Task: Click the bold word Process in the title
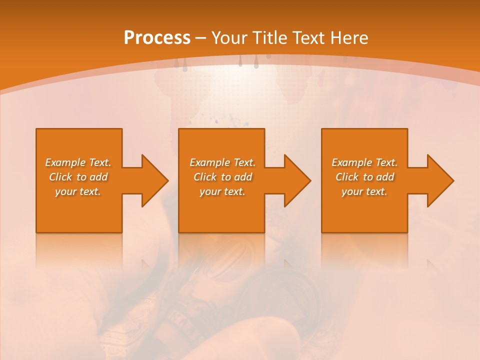(x=157, y=38)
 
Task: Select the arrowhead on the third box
(x=440, y=180)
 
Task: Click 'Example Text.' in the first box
(x=78, y=162)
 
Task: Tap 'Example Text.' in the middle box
(x=222, y=162)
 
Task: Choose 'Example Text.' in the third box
(x=364, y=162)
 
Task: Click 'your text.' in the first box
(x=78, y=191)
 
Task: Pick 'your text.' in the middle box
(x=222, y=191)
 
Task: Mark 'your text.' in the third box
(x=364, y=191)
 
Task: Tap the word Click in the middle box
(x=205, y=177)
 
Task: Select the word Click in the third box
(x=347, y=177)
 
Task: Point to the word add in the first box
(x=99, y=177)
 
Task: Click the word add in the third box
(x=385, y=177)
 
